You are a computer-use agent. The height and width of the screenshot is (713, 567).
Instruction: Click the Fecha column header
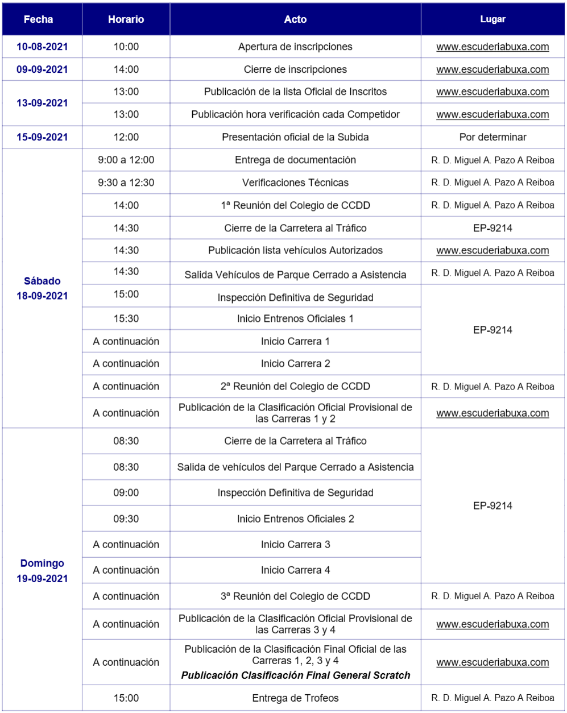click(39, 19)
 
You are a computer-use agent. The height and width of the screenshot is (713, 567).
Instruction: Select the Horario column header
click(126, 19)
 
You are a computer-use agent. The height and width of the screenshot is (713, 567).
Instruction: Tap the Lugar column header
click(492, 19)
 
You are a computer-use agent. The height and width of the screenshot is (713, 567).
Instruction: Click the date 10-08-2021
click(42, 47)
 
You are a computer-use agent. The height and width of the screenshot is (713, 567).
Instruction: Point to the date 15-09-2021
click(42, 137)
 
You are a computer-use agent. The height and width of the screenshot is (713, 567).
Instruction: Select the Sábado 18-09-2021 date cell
click(42, 288)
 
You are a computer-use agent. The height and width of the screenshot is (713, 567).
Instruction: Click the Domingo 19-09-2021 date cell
click(42, 570)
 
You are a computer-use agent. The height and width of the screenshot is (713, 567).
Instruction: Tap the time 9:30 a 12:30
click(126, 183)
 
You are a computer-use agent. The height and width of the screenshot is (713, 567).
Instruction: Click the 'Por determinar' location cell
click(492, 137)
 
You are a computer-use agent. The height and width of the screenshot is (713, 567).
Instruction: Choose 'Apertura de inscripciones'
click(295, 47)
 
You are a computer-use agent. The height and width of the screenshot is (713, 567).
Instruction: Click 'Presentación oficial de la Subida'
click(295, 137)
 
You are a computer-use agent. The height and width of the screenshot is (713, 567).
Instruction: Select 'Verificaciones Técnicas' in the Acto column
click(295, 183)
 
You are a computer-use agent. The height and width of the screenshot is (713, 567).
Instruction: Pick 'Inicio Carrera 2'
click(295, 363)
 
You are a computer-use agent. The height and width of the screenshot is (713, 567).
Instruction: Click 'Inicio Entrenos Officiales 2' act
click(295, 519)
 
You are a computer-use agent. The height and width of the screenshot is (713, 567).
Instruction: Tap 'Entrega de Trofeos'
click(295, 698)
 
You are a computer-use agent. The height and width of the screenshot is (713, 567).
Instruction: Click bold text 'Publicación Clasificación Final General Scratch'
click(295, 675)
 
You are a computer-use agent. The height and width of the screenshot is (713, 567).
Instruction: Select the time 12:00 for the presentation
click(126, 137)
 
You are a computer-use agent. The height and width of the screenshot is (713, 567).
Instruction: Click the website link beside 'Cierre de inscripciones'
click(492, 69)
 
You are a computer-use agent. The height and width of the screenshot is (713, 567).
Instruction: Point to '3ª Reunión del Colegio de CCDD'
click(295, 596)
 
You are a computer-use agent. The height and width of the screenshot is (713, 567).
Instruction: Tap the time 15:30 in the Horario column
click(126, 318)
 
